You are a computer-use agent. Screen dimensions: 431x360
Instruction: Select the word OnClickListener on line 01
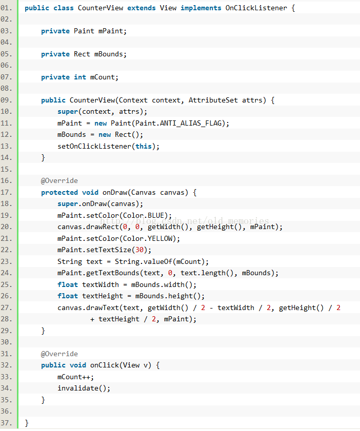(x=256, y=8)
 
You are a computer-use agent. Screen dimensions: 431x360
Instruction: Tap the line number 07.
(x=6, y=77)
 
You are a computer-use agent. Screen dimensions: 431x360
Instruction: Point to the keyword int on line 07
(x=80, y=77)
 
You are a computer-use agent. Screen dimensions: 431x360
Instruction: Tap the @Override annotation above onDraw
(x=59, y=180)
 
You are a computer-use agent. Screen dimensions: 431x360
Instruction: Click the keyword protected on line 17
(x=59, y=192)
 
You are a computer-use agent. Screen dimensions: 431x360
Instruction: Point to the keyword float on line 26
(x=68, y=296)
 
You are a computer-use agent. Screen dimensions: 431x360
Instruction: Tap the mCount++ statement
(x=76, y=377)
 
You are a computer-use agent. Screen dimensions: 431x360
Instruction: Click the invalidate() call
(x=84, y=388)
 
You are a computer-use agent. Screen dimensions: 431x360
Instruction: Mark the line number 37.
(x=6, y=423)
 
